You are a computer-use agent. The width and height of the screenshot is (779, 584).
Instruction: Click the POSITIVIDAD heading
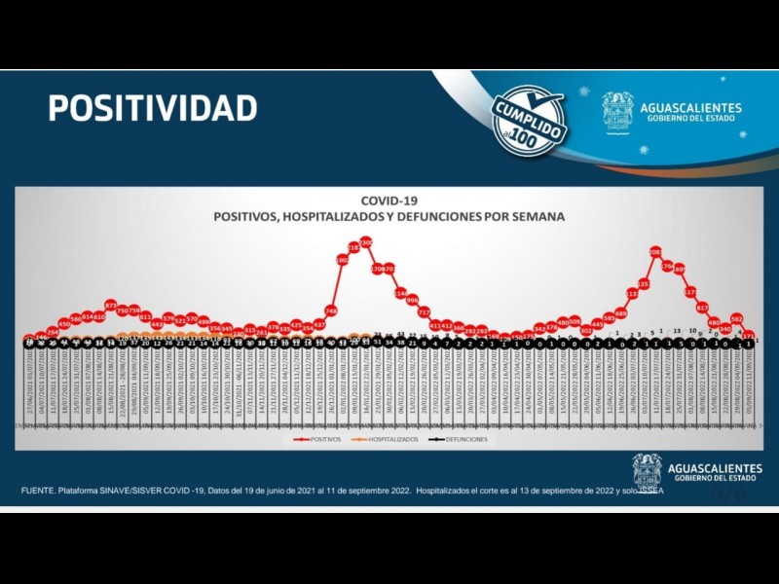153,107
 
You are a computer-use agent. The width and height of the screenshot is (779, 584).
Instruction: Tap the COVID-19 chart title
389,201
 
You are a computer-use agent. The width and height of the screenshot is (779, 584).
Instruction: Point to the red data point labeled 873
111,306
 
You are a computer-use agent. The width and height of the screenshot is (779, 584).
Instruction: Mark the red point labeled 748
331,310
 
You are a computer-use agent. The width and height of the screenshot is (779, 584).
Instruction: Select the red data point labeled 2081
655,252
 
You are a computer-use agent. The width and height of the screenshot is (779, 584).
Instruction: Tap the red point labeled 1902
343,260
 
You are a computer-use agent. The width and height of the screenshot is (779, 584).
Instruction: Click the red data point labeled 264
53,332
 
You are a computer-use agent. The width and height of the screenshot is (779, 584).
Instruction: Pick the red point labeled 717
424,311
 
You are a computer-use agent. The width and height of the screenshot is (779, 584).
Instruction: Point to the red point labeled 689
620,312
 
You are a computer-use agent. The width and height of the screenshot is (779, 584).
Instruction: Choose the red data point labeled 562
737,318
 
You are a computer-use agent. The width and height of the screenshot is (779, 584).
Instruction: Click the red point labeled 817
702,308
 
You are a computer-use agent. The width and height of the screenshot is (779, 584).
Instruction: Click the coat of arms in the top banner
617,111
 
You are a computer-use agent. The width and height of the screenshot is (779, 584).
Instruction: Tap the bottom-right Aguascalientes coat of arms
647,470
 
